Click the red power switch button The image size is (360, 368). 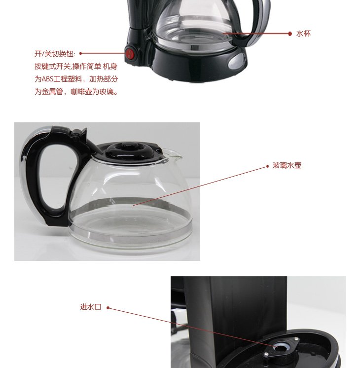[130, 54]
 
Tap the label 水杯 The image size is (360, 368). [303, 34]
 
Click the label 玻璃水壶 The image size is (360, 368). [287, 165]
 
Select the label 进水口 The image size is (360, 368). [91, 307]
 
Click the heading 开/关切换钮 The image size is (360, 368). [55, 54]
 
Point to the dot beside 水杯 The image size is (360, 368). [290, 34]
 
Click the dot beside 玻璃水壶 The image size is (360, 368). [267, 166]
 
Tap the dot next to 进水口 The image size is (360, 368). [108, 308]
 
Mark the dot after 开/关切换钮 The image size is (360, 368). [81, 53]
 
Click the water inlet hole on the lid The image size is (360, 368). [280, 347]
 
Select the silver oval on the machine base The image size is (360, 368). [237, 61]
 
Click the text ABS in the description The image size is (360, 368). [47, 79]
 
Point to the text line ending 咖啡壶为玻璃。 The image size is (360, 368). [76, 92]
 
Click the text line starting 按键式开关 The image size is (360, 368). [76, 67]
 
